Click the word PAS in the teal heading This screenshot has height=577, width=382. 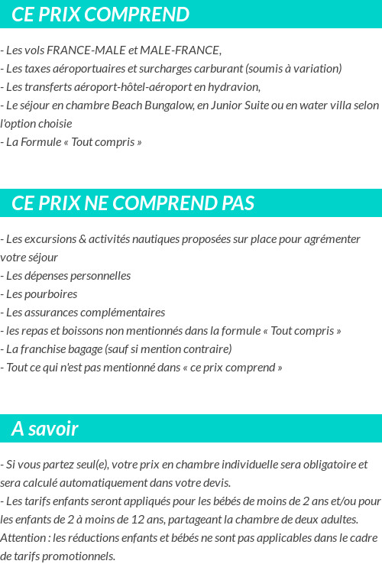click(238, 203)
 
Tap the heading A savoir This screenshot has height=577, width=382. click(45, 429)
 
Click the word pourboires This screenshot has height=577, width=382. click(51, 293)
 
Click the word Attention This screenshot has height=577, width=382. click(23, 537)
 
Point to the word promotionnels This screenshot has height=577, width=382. click(79, 556)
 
